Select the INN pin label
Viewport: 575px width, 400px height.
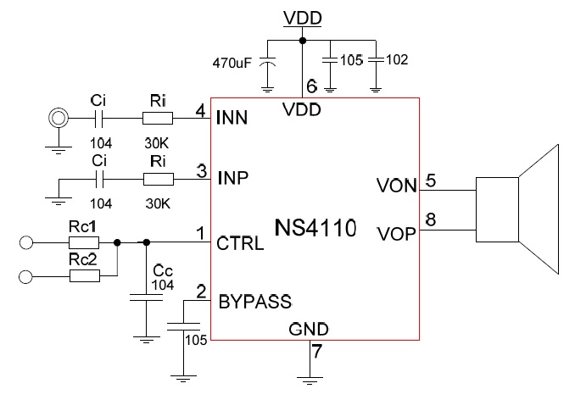coord(233,118)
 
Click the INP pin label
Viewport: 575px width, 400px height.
coord(233,179)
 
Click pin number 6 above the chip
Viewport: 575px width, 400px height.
coord(310,86)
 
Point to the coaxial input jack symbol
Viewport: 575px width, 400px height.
coord(59,118)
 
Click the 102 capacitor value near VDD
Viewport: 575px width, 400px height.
coord(396,60)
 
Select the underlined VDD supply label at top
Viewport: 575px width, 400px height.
coord(303,17)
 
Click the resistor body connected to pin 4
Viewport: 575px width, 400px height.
coord(158,119)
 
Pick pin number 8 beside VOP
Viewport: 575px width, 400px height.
coord(431,219)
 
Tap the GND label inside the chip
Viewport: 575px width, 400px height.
coord(309,329)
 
